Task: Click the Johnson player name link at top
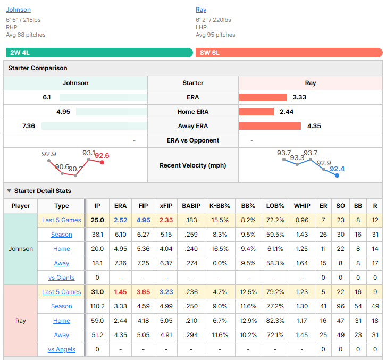[18, 10]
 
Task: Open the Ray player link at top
[201, 10]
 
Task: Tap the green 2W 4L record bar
[99, 53]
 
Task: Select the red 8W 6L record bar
[289, 53]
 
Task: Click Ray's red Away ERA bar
[270, 126]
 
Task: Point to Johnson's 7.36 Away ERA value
[29, 126]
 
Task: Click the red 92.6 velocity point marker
[102, 162]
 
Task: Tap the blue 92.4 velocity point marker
[337, 175]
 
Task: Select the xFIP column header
[166, 206]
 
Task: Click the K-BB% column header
[220, 206]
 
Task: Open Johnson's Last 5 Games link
[62, 220]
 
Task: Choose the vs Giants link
[62, 278]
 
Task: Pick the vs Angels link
[62, 349]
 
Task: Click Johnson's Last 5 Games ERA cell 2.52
[120, 220]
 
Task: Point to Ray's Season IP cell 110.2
[97, 306]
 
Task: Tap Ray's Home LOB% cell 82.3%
[275, 321]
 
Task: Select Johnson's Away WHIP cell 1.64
[302, 263]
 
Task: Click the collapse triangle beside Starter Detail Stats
[9, 191]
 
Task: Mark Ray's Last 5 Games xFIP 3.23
[166, 292]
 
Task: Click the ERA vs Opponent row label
[193, 140]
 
